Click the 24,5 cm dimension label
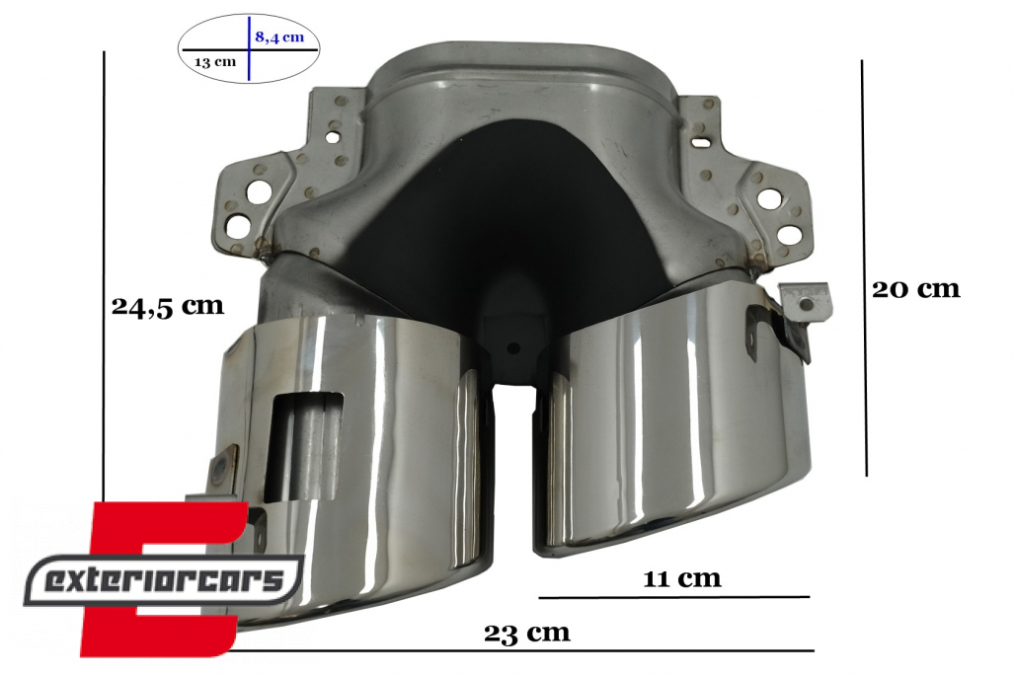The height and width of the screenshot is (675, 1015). pos(168,306)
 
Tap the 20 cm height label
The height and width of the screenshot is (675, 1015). pos(916,288)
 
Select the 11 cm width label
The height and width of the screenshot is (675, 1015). pos(681,578)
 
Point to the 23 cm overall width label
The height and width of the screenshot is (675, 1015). pos(527,633)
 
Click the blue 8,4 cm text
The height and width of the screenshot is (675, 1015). pos(279,37)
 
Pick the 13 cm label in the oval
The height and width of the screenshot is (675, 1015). pos(215,62)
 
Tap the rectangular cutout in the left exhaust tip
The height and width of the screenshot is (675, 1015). pos(304,447)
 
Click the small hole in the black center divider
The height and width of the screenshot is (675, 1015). pos(513,348)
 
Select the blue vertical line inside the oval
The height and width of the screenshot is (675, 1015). pos(249,48)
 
